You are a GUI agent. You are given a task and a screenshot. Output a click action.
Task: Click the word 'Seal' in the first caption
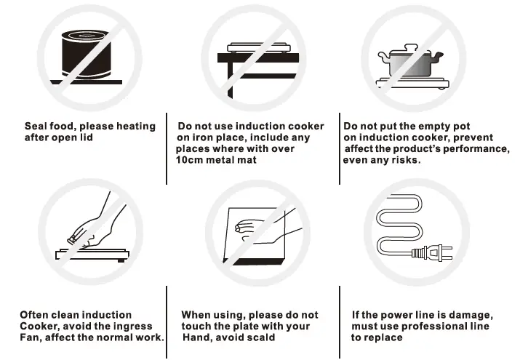point(37,127)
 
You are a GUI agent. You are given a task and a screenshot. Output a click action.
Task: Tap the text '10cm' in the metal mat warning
point(191,159)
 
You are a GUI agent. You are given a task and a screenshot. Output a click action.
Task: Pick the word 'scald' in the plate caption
point(260,337)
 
